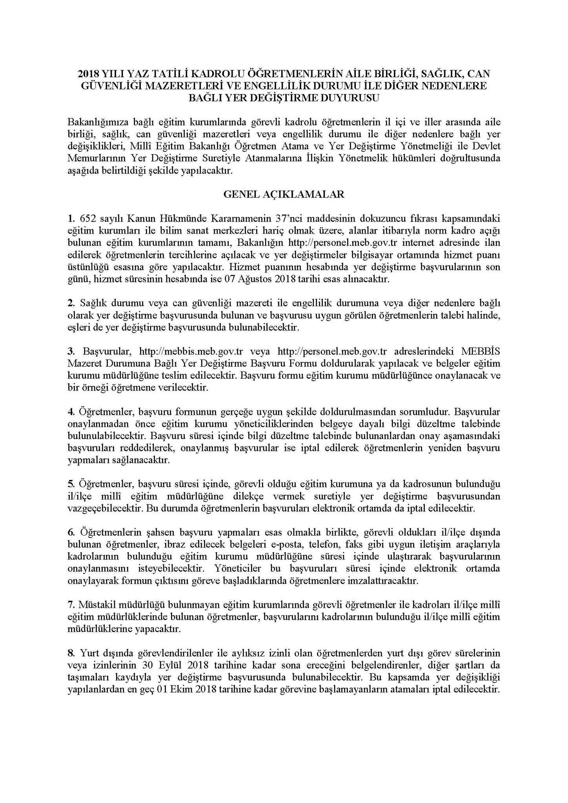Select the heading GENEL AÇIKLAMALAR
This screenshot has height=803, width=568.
284,194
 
